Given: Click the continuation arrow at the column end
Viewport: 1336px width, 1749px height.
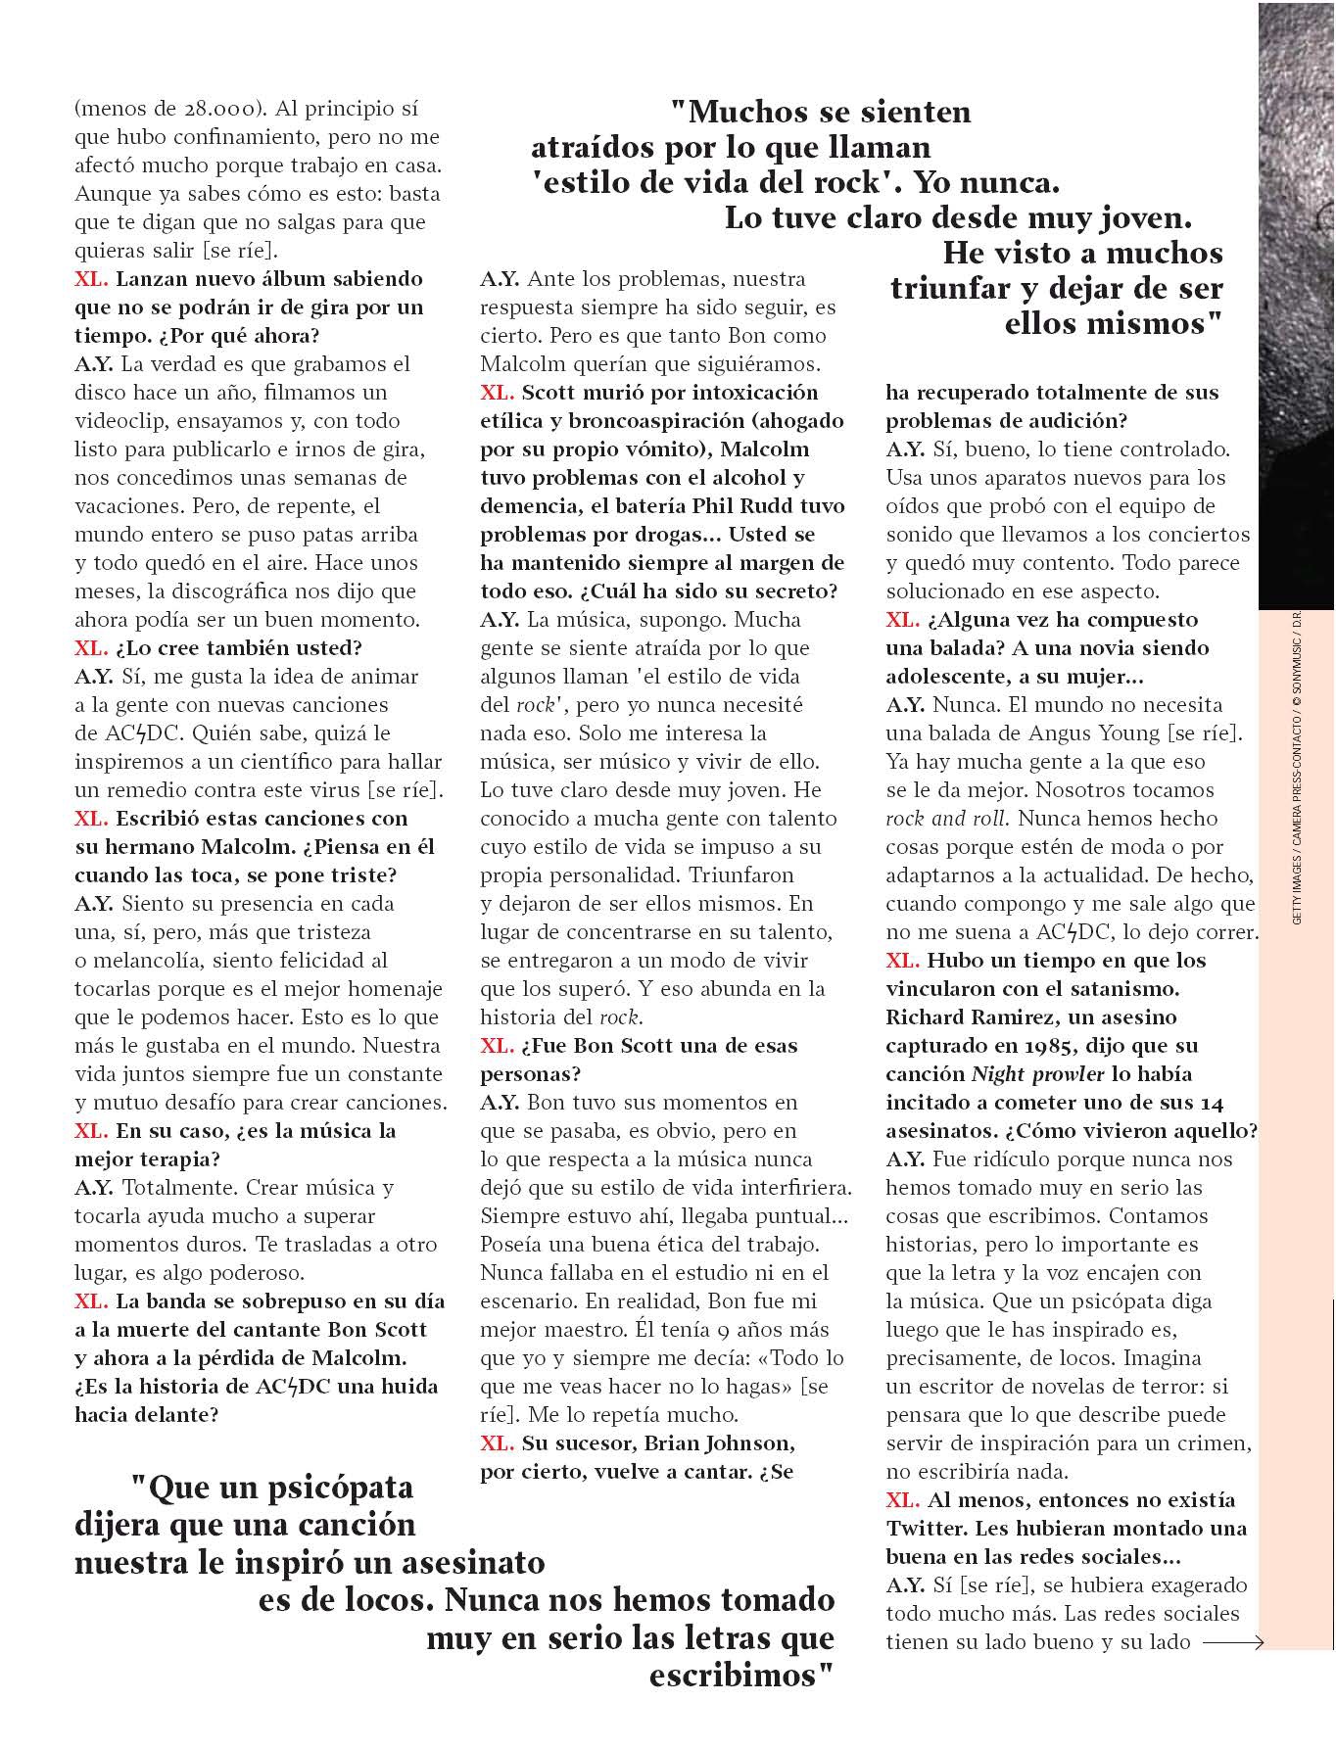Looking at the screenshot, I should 1233,1642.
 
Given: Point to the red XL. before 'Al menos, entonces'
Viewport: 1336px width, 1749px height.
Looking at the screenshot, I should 902,1500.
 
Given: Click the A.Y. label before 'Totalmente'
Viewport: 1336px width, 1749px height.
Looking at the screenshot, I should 93,1188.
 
